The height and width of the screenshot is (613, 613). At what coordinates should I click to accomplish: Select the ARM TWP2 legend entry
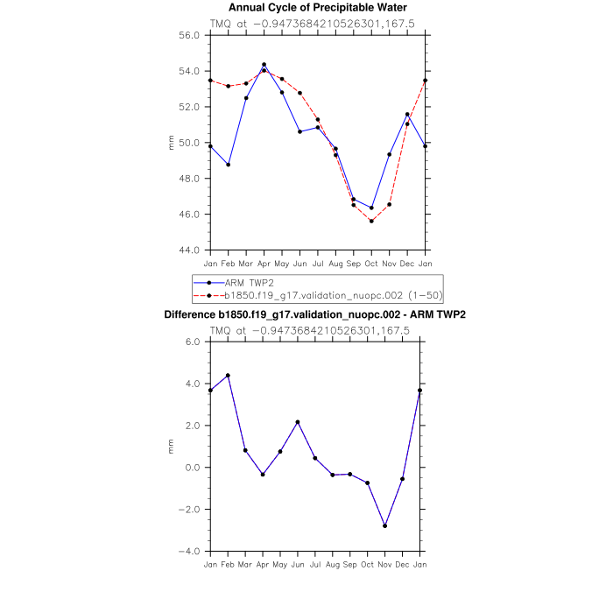point(244,283)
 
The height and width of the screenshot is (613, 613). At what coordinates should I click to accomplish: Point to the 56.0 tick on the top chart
point(191,35)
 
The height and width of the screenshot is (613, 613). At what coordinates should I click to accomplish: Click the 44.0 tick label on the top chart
point(191,250)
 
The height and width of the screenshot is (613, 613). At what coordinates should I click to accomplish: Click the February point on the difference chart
point(228,376)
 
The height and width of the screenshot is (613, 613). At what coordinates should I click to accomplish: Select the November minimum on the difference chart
point(385,525)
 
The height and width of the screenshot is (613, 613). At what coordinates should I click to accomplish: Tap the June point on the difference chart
point(298,422)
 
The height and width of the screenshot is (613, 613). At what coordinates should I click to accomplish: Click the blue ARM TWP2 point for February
point(228,165)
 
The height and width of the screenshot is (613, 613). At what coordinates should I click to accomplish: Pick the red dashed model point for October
point(371,221)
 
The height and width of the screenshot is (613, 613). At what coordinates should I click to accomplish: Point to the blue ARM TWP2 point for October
point(371,208)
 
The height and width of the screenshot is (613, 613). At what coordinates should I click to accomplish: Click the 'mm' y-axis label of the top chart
point(172,143)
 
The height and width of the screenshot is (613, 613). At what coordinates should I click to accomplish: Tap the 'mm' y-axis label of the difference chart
point(172,447)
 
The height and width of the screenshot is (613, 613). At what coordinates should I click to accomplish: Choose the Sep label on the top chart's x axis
point(353,263)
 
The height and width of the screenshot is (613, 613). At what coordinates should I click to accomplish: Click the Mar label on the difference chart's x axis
point(246,564)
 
